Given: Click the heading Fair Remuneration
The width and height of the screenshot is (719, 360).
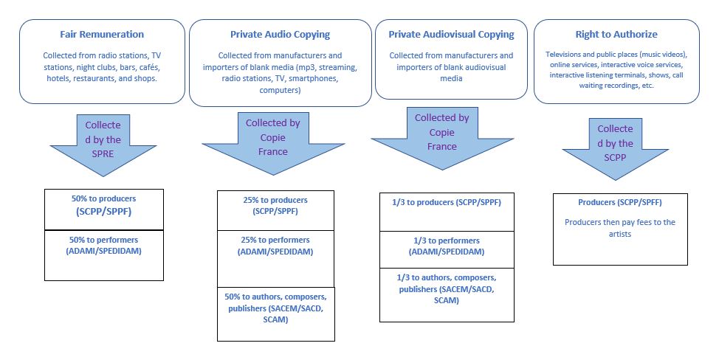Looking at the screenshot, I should click(103, 34).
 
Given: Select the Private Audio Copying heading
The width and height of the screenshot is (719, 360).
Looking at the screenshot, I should click(280, 34).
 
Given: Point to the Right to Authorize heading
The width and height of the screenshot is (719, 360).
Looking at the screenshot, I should click(616, 34).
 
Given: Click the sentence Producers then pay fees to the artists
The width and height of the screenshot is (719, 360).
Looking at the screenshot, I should click(619, 227).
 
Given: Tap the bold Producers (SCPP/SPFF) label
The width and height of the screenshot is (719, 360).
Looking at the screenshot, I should click(620, 202).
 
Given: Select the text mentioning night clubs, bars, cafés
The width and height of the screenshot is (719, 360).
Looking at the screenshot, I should click(103, 66).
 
